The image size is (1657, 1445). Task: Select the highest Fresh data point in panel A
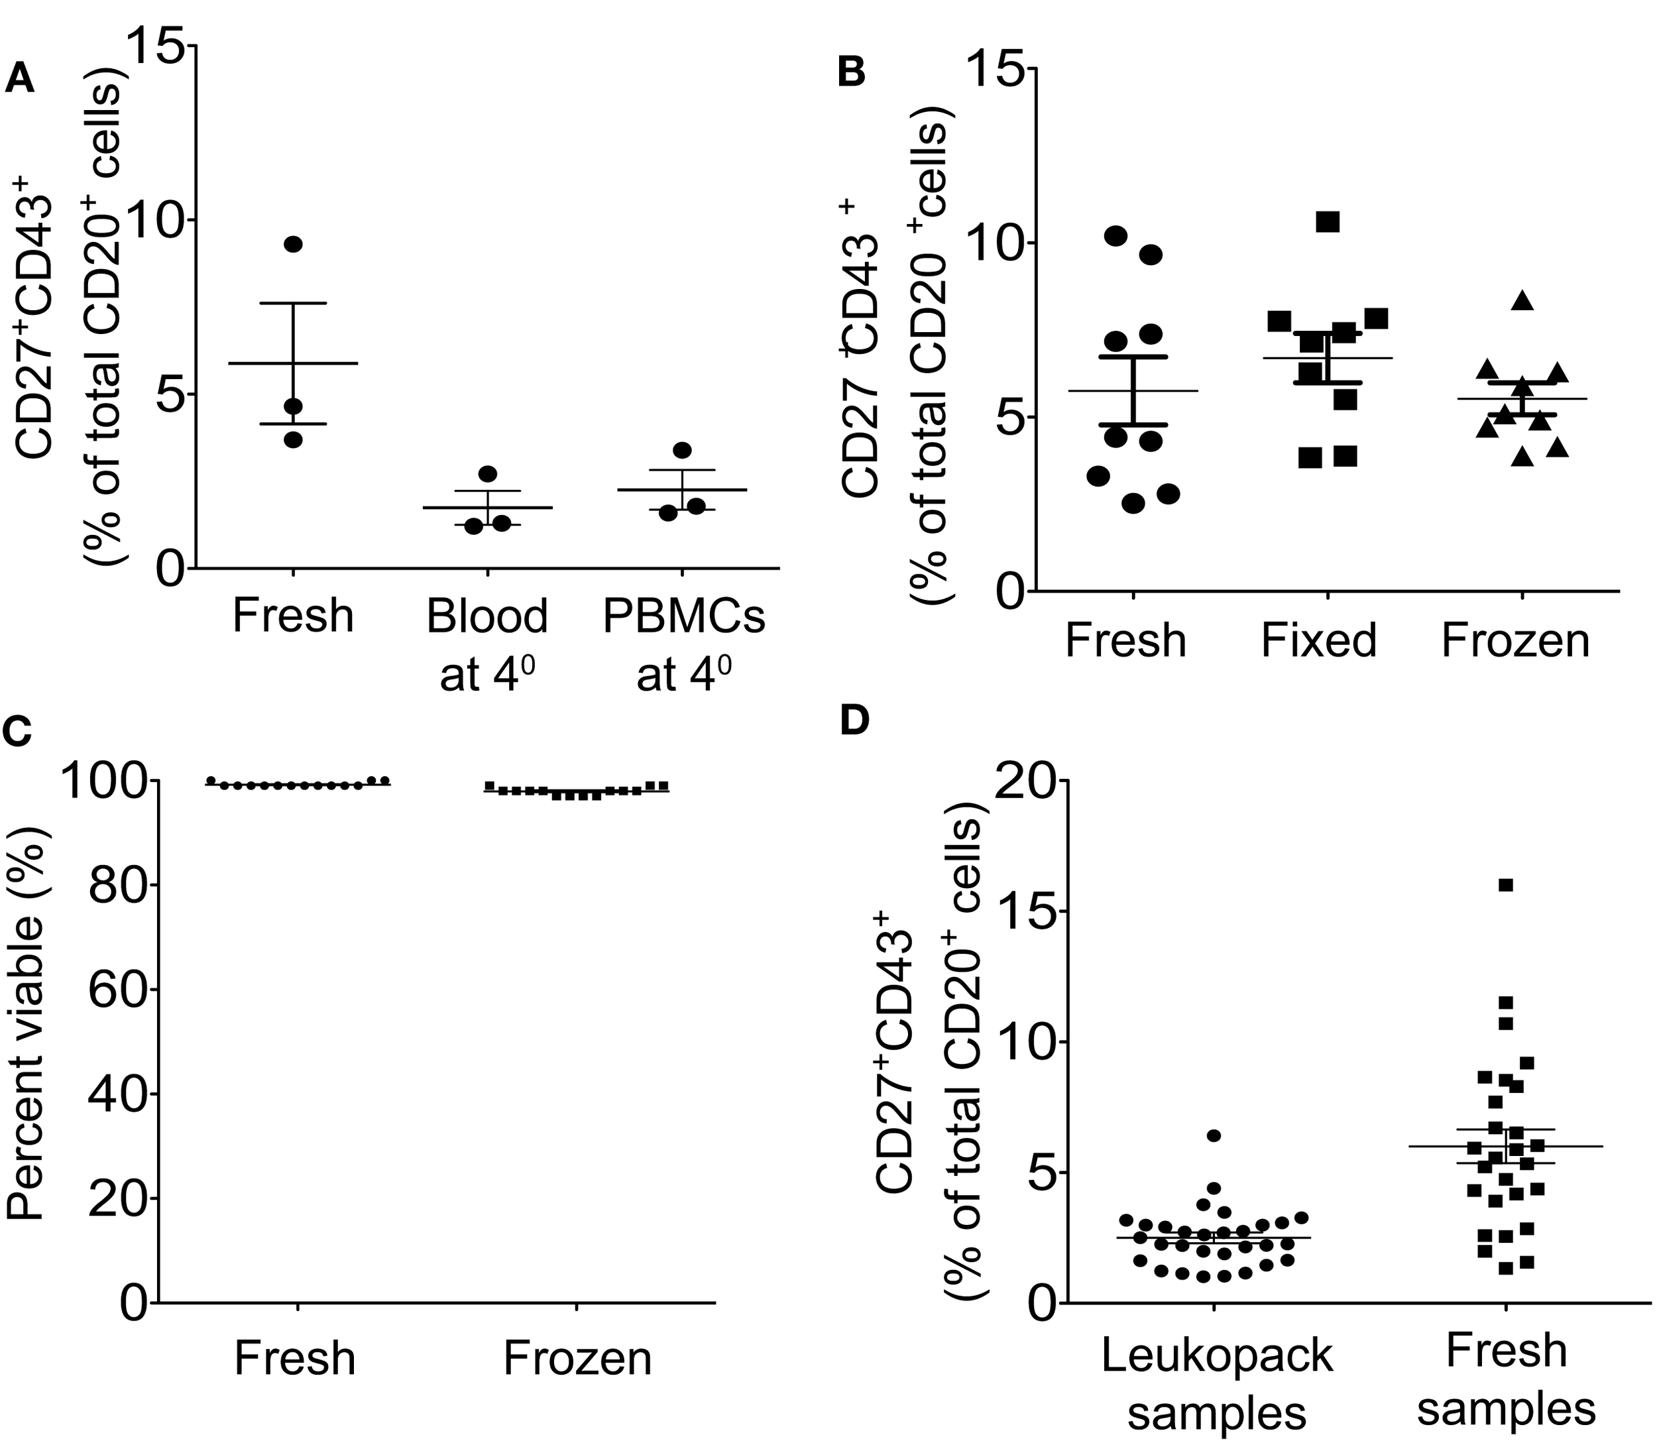pyautogui.click(x=293, y=245)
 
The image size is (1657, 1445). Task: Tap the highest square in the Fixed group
pyautogui.click(x=1327, y=222)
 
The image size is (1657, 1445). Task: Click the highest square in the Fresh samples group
pyautogui.click(x=1505, y=886)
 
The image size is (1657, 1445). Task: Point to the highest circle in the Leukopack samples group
pyautogui.click(x=1214, y=1135)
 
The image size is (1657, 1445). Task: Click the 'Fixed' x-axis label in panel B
pyautogui.click(x=1319, y=641)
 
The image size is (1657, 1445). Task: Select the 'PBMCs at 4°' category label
pyautogui.click(x=684, y=645)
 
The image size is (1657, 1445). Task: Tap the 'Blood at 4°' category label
pyautogui.click(x=487, y=645)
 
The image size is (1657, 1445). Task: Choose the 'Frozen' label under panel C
pyautogui.click(x=577, y=1359)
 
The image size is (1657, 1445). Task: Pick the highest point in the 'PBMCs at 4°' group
pyautogui.click(x=682, y=450)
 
